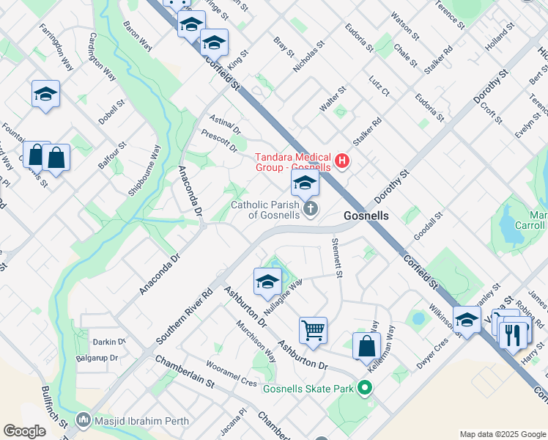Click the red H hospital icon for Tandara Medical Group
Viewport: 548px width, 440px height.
pyautogui.click(x=341, y=161)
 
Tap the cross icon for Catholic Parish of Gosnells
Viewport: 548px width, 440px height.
pyautogui.click(x=311, y=210)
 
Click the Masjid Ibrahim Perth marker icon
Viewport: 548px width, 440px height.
pyautogui.click(x=84, y=422)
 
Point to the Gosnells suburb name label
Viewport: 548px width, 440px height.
pyautogui.click(x=366, y=216)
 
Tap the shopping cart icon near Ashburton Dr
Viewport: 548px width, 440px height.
pyautogui.click(x=313, y=329)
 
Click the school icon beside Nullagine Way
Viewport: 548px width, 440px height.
pyautogui.click(x=267, y=282)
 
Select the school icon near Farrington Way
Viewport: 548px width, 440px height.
pyautogui.click(x=45, y=94)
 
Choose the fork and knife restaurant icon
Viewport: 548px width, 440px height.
pyautogui.click(x=514, y=334)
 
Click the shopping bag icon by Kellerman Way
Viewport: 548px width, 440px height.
pyautogui.click(x=366, y=346)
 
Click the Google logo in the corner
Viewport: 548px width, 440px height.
pyautogui.click(x=25, y=431)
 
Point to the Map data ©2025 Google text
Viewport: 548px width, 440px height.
pyautogui.click(x=502, y=434)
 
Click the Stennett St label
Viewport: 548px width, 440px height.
pyautogui.click(x=338, y=257)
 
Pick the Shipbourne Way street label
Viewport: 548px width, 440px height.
pyautogui.click(x=145, y=172)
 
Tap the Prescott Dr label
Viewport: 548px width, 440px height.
pyautogui.click(x=220, y=142)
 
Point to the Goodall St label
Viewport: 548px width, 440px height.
pyautogui.click(x=430, y=226)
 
